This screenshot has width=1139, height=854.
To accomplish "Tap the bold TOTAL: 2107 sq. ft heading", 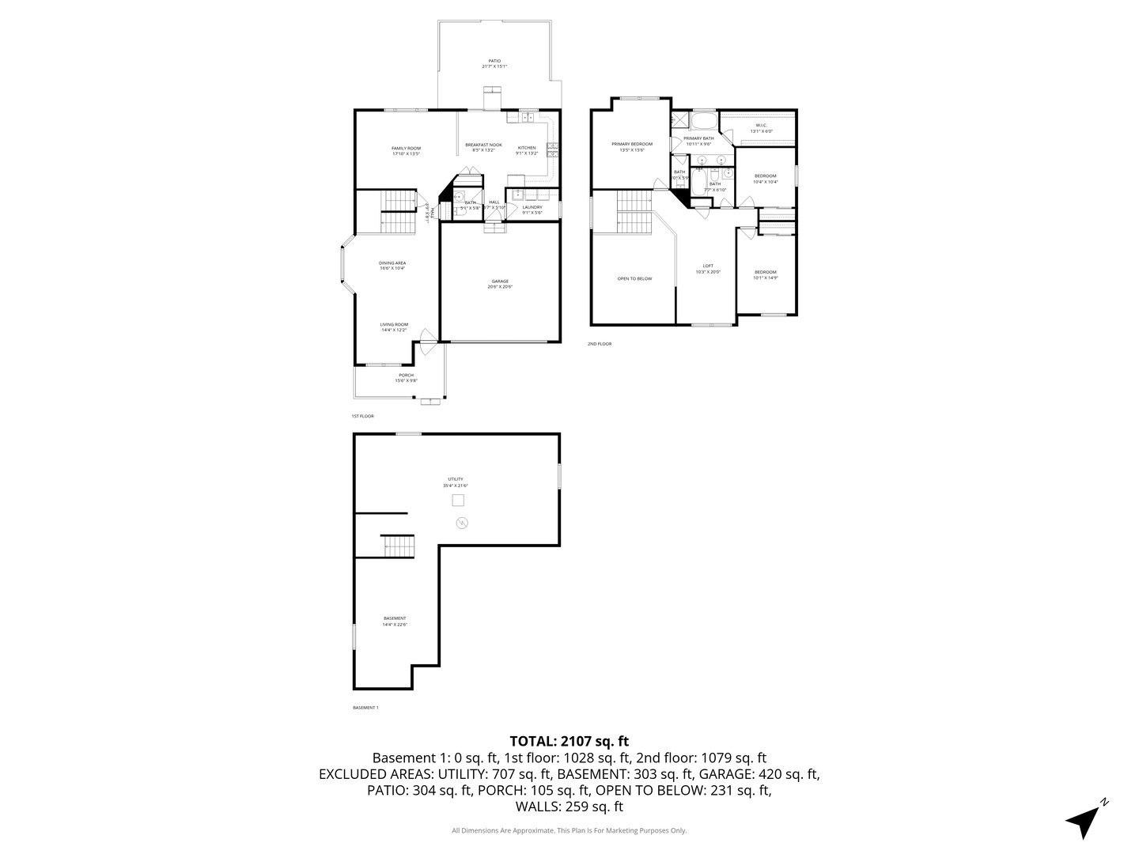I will [569, 741].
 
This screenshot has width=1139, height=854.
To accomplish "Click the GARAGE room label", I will [500, 282].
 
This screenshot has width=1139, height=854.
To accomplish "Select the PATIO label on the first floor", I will [494, 61].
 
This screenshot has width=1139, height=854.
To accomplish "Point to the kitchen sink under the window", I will [526, 118].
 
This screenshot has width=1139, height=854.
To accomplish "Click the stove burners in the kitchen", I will [551, 148].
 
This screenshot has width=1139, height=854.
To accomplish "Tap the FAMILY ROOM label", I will [406, 148].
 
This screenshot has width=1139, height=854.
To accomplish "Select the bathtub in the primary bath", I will [704, 121].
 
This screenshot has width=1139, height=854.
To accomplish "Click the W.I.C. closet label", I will [761, 125].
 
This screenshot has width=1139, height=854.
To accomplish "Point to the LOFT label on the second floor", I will [708, 266].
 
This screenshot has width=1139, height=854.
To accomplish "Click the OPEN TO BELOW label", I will [634, 278].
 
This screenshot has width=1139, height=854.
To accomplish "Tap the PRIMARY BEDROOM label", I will [632, 144].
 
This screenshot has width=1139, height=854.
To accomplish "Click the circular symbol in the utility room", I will [462, 523].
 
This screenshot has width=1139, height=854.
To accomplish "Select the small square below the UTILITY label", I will [458, 501].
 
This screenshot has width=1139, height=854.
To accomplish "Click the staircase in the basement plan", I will [398, 546].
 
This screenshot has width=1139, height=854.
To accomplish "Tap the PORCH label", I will [406, 375].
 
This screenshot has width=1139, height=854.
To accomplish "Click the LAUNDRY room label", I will [532, 207].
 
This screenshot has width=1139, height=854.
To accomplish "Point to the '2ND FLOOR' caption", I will [600, 344].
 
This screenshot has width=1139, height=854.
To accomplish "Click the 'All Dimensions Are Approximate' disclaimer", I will [569, 830].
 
